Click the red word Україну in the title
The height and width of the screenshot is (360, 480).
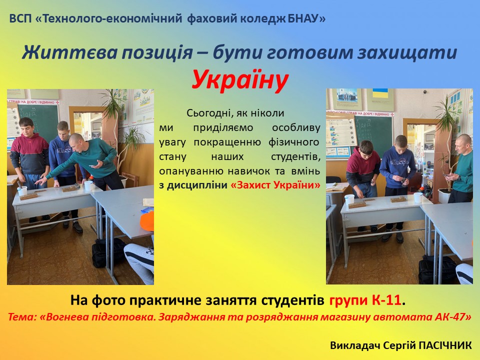click(240, 80)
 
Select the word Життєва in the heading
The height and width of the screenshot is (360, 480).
click(69, 52)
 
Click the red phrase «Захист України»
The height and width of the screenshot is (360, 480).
click(275, 185)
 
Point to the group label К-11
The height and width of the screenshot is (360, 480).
click(386, 300)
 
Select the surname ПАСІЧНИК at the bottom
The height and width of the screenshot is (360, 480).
click(445, 345)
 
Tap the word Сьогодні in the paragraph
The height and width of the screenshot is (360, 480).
click(209, 113)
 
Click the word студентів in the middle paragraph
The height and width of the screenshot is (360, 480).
click(295, 156)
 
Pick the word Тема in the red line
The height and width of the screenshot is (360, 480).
click(21, 316)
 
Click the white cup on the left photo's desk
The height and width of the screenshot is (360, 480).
click(88, 185)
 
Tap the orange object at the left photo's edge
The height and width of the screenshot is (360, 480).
click(147, 221)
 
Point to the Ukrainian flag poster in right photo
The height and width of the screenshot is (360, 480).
click(380, 99)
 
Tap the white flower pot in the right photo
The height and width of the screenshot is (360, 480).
click(443, 195)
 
